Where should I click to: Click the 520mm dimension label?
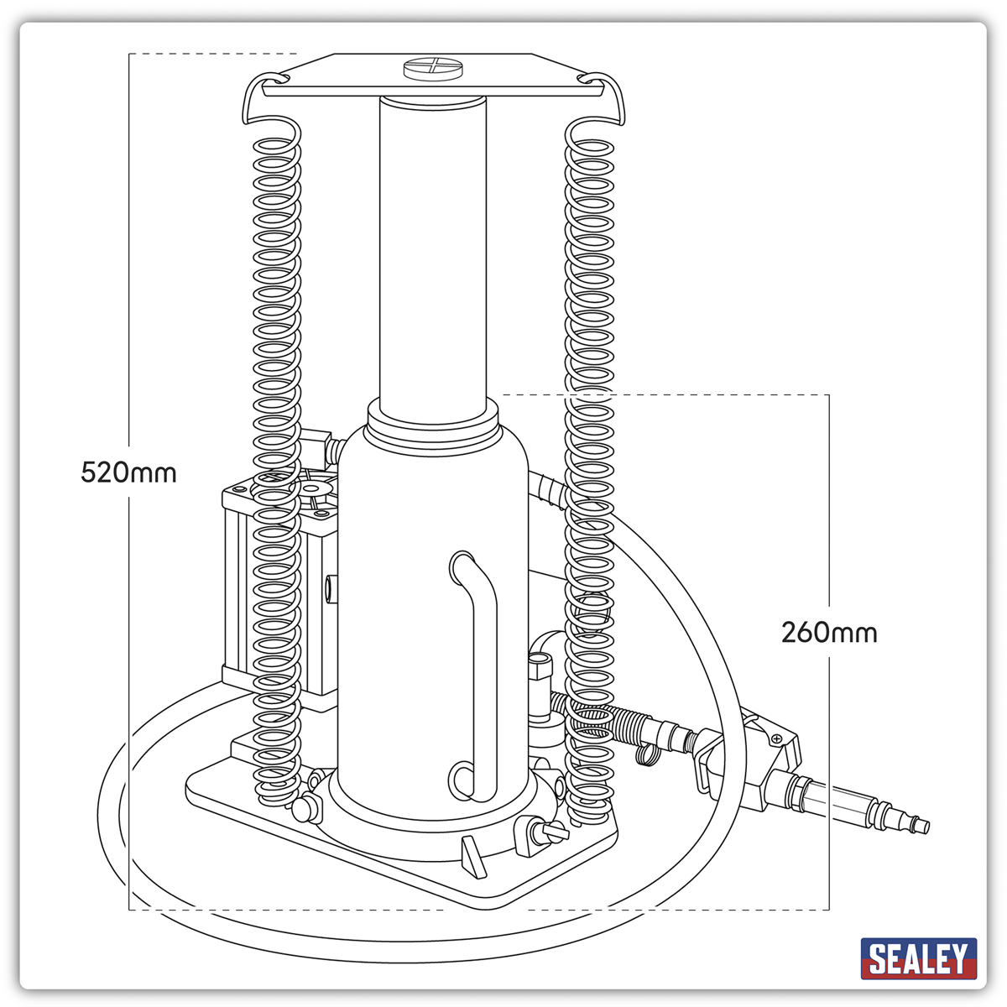[128, 473]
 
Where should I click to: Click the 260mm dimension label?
[829, 633]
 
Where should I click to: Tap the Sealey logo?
[919, 958]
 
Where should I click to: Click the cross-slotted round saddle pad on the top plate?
[433, 70]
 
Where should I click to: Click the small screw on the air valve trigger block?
[777, 738]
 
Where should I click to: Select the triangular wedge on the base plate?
[474, 857]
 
